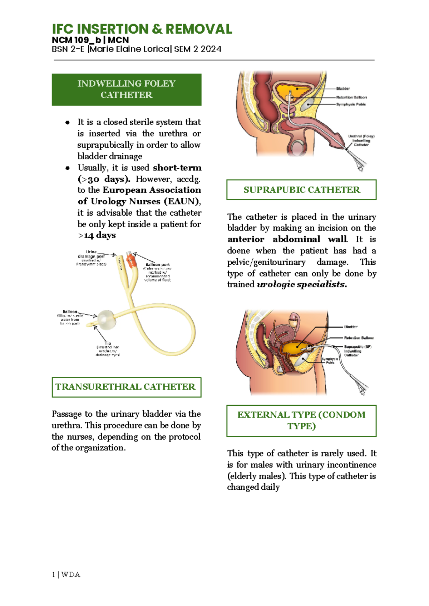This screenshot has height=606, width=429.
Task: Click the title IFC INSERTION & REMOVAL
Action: pos(142,29)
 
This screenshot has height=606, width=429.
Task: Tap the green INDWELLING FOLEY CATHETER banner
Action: pos(127,89)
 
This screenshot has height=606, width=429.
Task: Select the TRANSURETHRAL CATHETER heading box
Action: pos(126,387)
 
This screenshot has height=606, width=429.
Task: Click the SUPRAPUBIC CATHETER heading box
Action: pos(301,190)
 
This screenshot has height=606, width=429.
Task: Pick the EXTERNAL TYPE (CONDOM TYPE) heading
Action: pos(301,420)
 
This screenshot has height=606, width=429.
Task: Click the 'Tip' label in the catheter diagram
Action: pos(108,343)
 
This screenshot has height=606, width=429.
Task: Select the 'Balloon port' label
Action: pos(158,265)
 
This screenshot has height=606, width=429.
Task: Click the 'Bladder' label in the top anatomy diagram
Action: pos(343,88)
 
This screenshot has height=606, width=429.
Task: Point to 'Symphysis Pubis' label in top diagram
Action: pos(351,104)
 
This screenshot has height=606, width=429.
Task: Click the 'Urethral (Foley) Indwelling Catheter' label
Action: pos(361,140)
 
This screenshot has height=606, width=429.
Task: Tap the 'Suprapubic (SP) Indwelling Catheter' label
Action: pos(357,351)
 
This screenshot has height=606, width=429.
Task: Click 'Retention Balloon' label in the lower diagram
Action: pos(359,338)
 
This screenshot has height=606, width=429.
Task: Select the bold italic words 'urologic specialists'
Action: pos(302,285)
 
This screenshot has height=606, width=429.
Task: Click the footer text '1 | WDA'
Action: pos(66,575)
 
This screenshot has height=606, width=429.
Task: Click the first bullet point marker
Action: pos(67,123)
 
